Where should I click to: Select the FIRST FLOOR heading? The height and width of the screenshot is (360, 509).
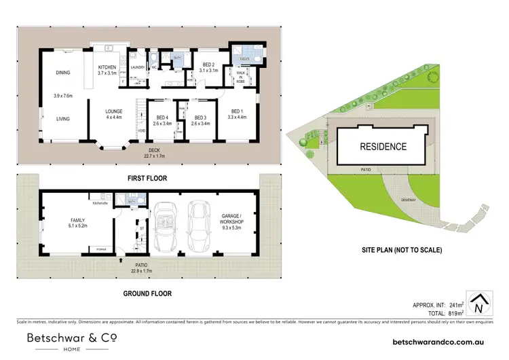(147, 178)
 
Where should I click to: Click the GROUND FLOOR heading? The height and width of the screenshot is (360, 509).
(147, 293)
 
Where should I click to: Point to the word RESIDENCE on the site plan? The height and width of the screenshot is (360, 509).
(382, 146)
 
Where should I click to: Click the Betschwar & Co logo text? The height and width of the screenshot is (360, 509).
(72, 338)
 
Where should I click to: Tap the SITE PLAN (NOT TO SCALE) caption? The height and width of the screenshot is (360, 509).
(402, 250)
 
